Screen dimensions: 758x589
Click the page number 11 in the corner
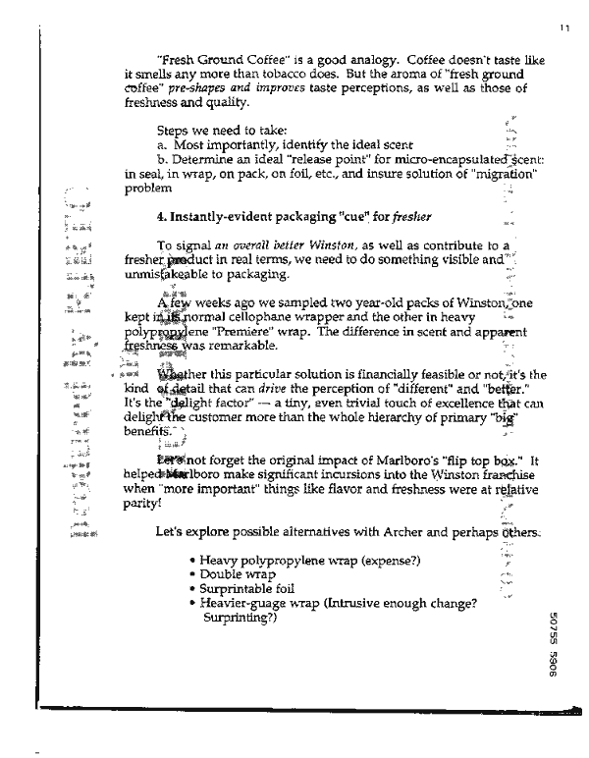click(566, 27)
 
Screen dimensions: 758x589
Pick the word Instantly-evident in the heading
click(224, 217)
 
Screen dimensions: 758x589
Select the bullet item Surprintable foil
click(251, 588)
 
